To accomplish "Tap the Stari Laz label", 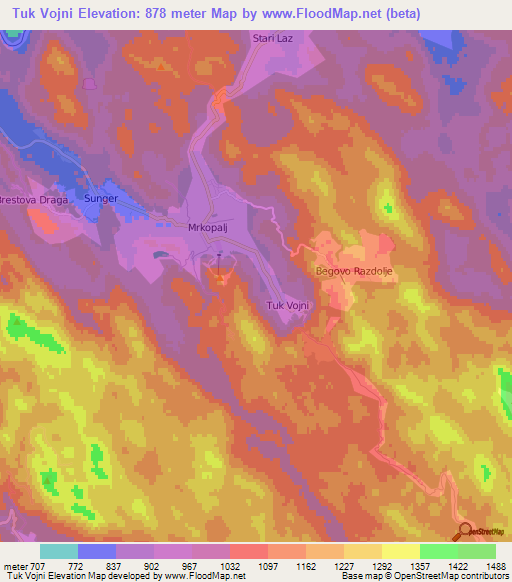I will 270,38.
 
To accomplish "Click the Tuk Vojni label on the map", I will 290,305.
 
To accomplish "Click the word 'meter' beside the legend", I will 15,565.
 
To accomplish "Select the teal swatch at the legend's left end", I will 59,551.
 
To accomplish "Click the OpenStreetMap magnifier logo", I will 464,531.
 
